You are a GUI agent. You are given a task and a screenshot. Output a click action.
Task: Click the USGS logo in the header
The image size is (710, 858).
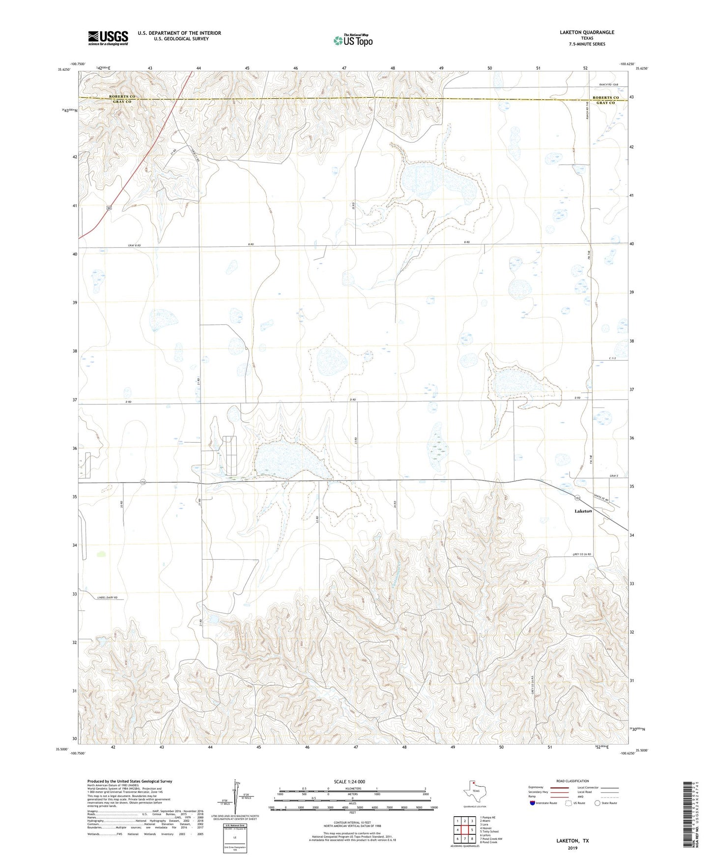(108, 38)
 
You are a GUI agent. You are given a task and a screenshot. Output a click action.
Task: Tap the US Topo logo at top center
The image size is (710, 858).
(353, 40)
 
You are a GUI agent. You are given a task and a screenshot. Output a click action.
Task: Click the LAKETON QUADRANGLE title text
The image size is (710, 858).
(587, 32)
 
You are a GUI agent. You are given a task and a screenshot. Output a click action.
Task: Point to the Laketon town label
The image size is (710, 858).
(583, 511)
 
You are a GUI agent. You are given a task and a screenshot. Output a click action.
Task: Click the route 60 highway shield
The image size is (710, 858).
(109, 208)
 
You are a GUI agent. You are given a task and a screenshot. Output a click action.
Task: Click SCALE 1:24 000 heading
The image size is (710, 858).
(349, 781)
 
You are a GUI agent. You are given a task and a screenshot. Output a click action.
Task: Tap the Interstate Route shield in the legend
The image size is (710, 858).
(533, 803)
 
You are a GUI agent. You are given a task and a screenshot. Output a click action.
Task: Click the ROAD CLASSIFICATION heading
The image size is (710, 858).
(572, 781)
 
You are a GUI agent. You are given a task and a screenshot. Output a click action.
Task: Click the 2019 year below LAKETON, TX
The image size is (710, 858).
(572, 848)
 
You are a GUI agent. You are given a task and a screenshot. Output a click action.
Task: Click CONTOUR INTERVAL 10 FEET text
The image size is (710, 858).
(352, 823)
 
